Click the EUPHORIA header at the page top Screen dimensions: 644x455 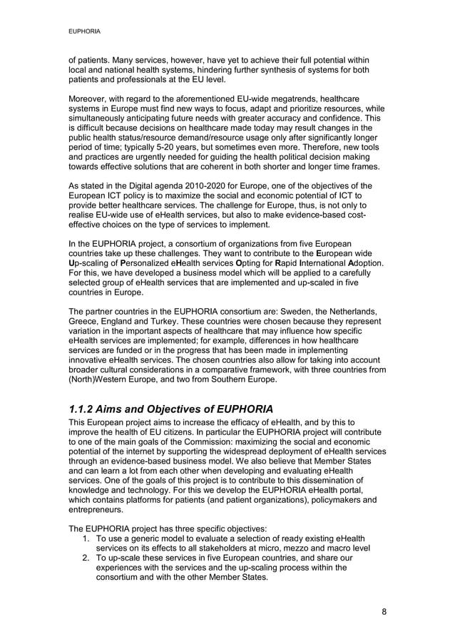point(83,32)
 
